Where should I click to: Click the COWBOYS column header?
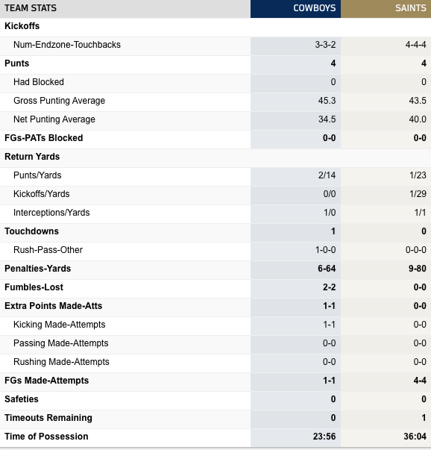coord(314,8)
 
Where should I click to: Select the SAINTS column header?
coord(411,8)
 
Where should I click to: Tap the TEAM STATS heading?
coord(31,8)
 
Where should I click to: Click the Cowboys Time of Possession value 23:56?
coord(324,437)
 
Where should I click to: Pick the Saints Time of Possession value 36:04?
coord(415,437)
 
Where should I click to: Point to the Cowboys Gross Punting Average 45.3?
coord(327,101)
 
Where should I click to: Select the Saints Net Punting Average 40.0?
coord(418,119)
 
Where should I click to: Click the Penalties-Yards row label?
coord(37,269)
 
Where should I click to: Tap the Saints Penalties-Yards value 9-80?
coord(418,269)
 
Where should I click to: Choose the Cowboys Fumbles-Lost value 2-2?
coord(329,287)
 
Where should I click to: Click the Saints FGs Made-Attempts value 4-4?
coord(420,381)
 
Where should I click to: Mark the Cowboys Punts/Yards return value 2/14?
coord(327,175)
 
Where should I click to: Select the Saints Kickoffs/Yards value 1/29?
coord(418,194)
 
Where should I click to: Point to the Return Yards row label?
coord(32,157)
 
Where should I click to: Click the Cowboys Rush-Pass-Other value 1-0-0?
coord(325,250)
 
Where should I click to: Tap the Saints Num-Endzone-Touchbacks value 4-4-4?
coord(416,45)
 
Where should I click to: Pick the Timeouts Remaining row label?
coord(48,418)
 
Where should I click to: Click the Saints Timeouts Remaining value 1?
coord(424,418)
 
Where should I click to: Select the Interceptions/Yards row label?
coord(51,213)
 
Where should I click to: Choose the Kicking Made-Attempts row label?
coord(60,325)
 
